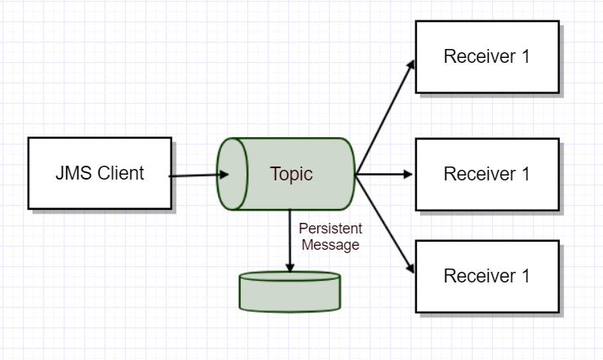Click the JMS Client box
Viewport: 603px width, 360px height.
coord(100,173)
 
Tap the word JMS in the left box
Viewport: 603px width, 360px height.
coord(74,173)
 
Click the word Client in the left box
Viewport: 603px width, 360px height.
coord(121,173)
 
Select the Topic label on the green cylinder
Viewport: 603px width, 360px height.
coord(291,174)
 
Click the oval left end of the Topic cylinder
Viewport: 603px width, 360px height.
coord(233,174)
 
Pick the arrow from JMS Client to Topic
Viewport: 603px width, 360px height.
coord(199,176)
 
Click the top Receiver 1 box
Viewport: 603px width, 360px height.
coord(487,57)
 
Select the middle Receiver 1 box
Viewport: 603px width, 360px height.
coord(487,174)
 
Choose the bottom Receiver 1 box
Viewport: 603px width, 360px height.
coord(487,276)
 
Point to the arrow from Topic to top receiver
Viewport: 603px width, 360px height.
coord(384,118)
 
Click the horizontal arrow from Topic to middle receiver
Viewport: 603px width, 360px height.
coord(384,174)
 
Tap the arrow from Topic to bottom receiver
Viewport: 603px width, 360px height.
coord(384,224)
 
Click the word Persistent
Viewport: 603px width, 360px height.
coord(330,229)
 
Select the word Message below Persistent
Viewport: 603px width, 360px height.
coord(330,245)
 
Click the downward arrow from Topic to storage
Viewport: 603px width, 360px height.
coord(290,241)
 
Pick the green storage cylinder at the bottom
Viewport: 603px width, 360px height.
coord(290,291)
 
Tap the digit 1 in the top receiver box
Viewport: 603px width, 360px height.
coord(525,56)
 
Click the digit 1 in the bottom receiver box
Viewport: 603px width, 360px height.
coord(525,276)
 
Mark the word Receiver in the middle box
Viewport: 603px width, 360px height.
coord(480,174)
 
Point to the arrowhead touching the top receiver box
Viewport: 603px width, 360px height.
coord(410,65)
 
